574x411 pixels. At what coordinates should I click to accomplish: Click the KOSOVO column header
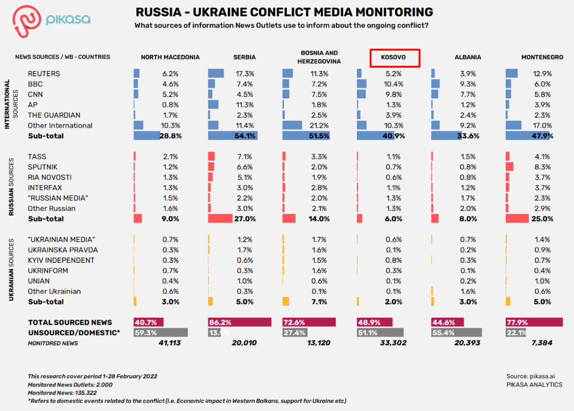394,58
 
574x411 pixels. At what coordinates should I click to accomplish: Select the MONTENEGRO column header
542,57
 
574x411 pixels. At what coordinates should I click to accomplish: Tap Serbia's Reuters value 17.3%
244,73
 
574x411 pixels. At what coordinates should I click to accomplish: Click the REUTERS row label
44,73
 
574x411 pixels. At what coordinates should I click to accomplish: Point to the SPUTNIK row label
42,167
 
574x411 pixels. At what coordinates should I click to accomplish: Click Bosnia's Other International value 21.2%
318,125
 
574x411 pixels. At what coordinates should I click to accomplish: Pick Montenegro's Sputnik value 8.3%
543,167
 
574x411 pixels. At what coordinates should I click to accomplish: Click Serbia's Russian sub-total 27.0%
244,219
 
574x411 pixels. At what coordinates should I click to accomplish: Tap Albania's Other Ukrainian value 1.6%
468,291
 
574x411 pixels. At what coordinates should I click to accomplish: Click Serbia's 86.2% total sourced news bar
239,322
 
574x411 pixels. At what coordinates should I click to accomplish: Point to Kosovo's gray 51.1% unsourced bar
380,332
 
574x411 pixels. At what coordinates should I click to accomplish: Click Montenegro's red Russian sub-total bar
517,219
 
